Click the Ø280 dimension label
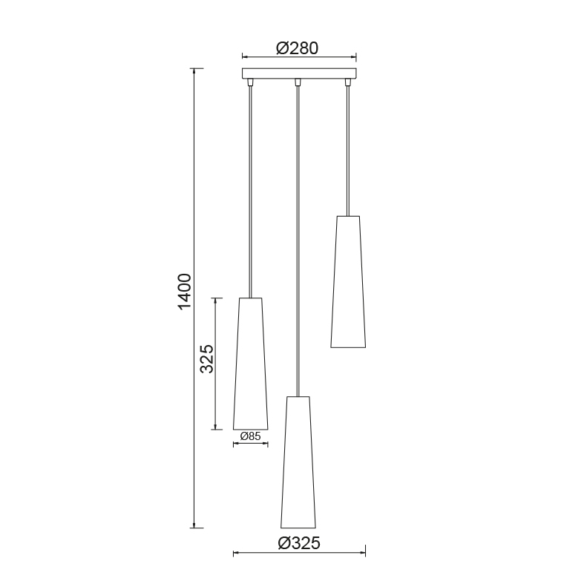pyautogui.click(x=298, y=48)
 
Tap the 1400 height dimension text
pyautogui.click(x=185, y=292)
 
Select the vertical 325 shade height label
pyautogui.click(x=207, y=358)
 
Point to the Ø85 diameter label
pyautogui.click(x=250, y=436)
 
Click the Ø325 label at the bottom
pyautogui.click(x=299, y=543)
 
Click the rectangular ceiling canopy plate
pyautogui.click(x=299, y=73)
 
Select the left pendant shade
pyautogui.click(x=251, y=364)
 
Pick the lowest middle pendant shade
pyautogui.click(x=298, y=462)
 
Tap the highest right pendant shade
pyautogui.click(x=348, y=281)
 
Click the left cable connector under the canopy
pyautogui.click(x=251, y=82)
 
